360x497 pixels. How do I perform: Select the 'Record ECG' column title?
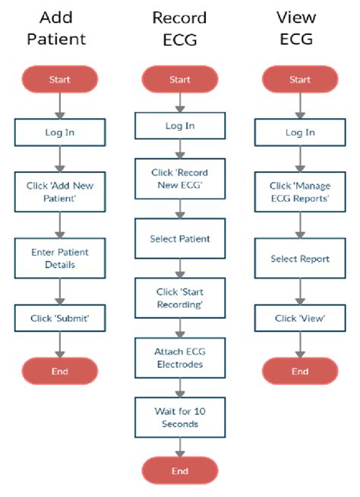(x=180, y=27)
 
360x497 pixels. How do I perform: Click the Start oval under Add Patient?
(x=60, y=79)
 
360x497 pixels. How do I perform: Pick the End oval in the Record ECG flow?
(x=180, y=471)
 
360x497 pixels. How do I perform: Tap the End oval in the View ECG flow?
(x=300, y=371)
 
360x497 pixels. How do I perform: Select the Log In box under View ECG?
(x=300, y=132)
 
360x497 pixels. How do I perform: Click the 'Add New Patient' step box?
(x=60, y=192)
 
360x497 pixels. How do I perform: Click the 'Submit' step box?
(x=60, y=318)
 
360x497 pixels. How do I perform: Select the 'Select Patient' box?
(x=180, y=238)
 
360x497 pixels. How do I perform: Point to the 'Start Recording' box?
(x=180, y=298)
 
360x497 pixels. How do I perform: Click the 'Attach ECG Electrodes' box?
(x=180, y=357)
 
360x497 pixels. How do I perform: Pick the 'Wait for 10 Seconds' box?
(x=180, y=417)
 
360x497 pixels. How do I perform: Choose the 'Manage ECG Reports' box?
(x=300, y=192)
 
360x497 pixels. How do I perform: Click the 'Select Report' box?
(x=300, y=259)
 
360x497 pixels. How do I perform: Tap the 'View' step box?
(x=300, y=318)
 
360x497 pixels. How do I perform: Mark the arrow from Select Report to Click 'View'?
(x=300, y=290)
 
